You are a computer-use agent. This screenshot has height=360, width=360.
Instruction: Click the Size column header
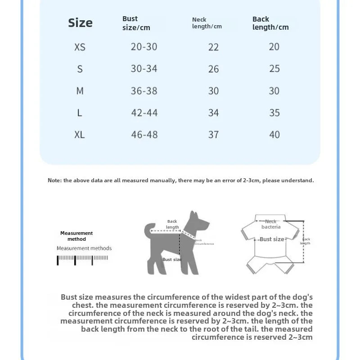tap(80, 23)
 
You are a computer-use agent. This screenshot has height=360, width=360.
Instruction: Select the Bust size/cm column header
tap(136, 23)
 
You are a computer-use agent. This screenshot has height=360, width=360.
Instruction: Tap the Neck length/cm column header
tap(207, 23)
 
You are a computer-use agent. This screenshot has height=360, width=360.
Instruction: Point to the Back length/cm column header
tap(270, 23)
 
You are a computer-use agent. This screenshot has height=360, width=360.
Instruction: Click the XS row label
tap(80, 47)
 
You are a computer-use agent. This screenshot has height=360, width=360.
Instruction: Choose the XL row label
tap(80, 135)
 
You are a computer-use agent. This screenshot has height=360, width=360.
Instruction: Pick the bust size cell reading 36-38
tap(144, 91)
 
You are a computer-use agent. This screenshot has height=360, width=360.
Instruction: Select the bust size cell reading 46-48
tap(144, 135)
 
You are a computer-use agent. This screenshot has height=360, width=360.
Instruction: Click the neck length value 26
tap(213, 69)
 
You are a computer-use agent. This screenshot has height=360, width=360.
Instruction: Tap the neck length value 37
tap(213, 135)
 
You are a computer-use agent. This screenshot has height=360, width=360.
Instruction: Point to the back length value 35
tap(274, 112)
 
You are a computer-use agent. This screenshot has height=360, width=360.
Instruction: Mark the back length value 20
tap(274, 47)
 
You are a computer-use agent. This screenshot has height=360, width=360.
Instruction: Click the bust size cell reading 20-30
tap(144, 47)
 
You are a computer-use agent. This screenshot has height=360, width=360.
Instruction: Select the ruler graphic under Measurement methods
tap(82, 260)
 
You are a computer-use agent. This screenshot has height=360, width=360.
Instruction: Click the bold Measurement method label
tap(76, 236)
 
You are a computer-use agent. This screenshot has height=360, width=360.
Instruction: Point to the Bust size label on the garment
tap(272, 239)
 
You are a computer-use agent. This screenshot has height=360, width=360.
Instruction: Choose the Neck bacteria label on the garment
tap(271, 224)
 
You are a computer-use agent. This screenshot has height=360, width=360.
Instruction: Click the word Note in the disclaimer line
tap(54, 180)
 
